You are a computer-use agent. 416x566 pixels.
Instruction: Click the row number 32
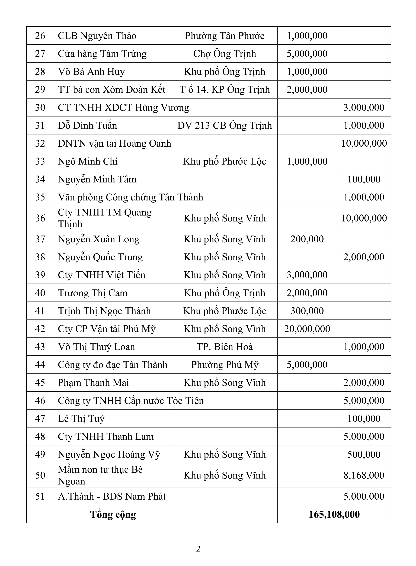click(x=40, y=143)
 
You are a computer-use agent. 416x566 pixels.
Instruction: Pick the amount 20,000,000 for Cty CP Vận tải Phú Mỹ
click(x=307, y=329)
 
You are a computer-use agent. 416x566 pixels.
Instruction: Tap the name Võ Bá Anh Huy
click(x=91, y=72)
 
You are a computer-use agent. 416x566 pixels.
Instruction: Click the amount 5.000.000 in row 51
click(x=364, y=496)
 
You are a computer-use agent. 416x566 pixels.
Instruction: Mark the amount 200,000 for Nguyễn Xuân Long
click(x=307, y=239)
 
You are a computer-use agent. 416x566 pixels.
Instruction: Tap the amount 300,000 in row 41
click(x=307, y=311)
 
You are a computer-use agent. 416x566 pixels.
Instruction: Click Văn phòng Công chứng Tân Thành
click(x=130, y=197)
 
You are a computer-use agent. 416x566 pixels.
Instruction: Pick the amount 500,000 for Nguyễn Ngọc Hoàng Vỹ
click(x=364, y=454)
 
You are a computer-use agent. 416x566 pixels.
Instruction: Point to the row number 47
click(x=40, y=419)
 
